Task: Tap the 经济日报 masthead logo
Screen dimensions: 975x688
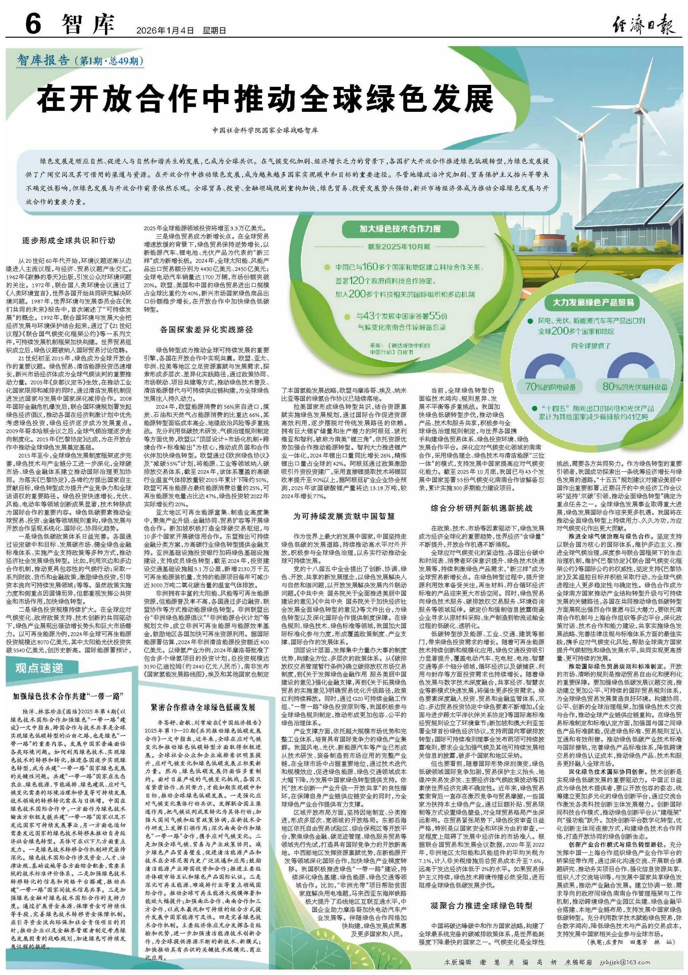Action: coord(643,24)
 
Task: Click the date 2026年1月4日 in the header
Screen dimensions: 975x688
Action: coord(165,31)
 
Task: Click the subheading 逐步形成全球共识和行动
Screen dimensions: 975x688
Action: coord(69,241)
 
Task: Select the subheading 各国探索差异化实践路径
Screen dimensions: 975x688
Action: coord(206,330)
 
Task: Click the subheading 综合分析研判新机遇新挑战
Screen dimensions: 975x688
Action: coord(482,508)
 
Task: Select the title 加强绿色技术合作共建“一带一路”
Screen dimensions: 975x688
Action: coord(69,695)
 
